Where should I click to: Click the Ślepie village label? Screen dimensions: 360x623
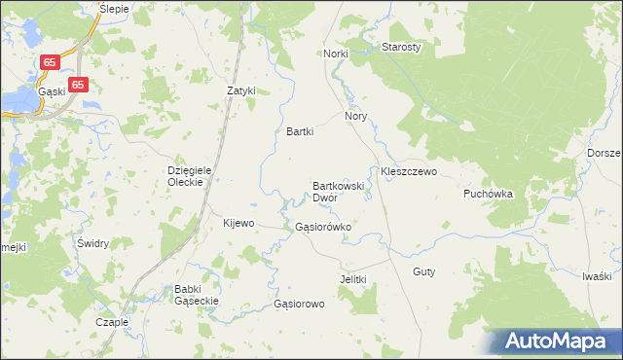(x=115, y=7)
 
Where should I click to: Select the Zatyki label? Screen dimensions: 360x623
(x=240, y=90)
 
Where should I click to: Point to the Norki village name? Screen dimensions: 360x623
(x=336, y=54)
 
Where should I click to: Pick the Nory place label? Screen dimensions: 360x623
(x=354, y=115)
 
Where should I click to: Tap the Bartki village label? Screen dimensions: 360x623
(x=300, y=131)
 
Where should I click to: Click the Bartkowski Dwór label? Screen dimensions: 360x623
(x=338, y=191)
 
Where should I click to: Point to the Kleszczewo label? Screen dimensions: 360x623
(x=409, y=171)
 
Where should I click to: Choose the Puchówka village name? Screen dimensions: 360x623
(x=488, y=194)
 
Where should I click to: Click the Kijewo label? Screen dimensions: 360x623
(x=238, y=223)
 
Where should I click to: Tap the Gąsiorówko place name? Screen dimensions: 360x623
(x=322, y=227)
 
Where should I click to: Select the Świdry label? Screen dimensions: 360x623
(x=92, y=243)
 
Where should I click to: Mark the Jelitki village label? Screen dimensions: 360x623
(x=352, y=279)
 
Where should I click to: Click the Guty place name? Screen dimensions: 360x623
(x=423, y=271)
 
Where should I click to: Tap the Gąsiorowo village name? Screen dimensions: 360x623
(x=299, y=304)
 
